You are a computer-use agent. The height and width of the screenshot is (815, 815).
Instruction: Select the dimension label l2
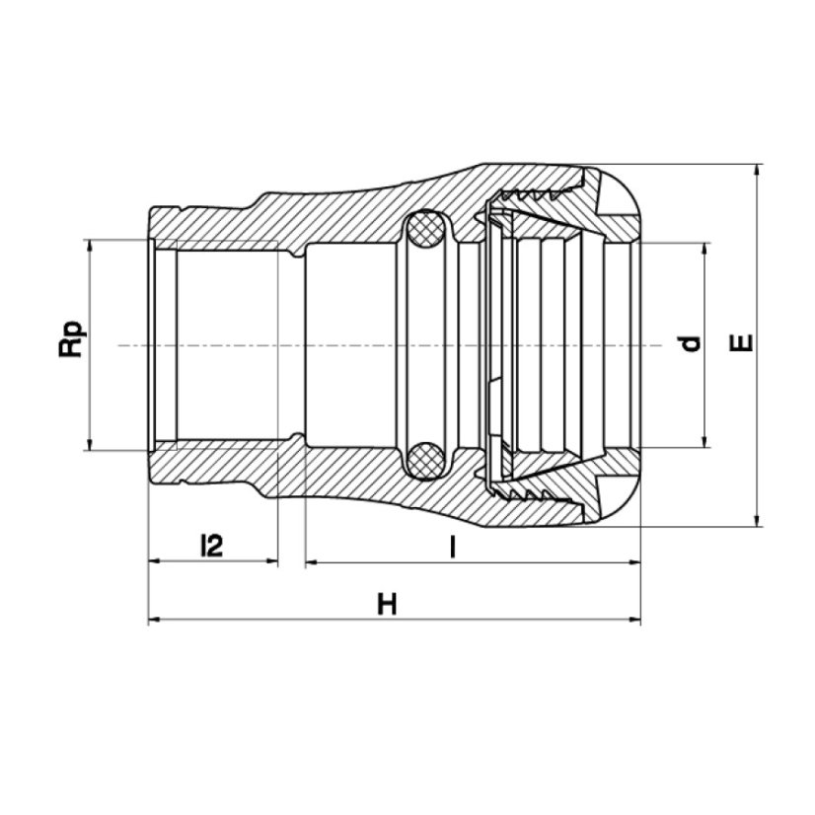coord(211,546)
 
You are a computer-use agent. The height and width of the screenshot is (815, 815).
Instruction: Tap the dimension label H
coord(387,605)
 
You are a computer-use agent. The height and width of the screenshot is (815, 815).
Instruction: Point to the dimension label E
coord(741,342)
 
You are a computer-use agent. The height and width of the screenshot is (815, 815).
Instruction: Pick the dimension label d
coord(691,343)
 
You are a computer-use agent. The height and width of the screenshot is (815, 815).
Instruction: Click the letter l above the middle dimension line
coord(453,547)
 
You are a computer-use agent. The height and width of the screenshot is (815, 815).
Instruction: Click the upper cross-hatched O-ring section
coord(425,229)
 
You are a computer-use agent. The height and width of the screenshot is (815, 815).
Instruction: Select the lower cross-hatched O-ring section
coord(425,461)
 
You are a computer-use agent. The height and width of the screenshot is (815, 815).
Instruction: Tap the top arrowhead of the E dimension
coord(759,172)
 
